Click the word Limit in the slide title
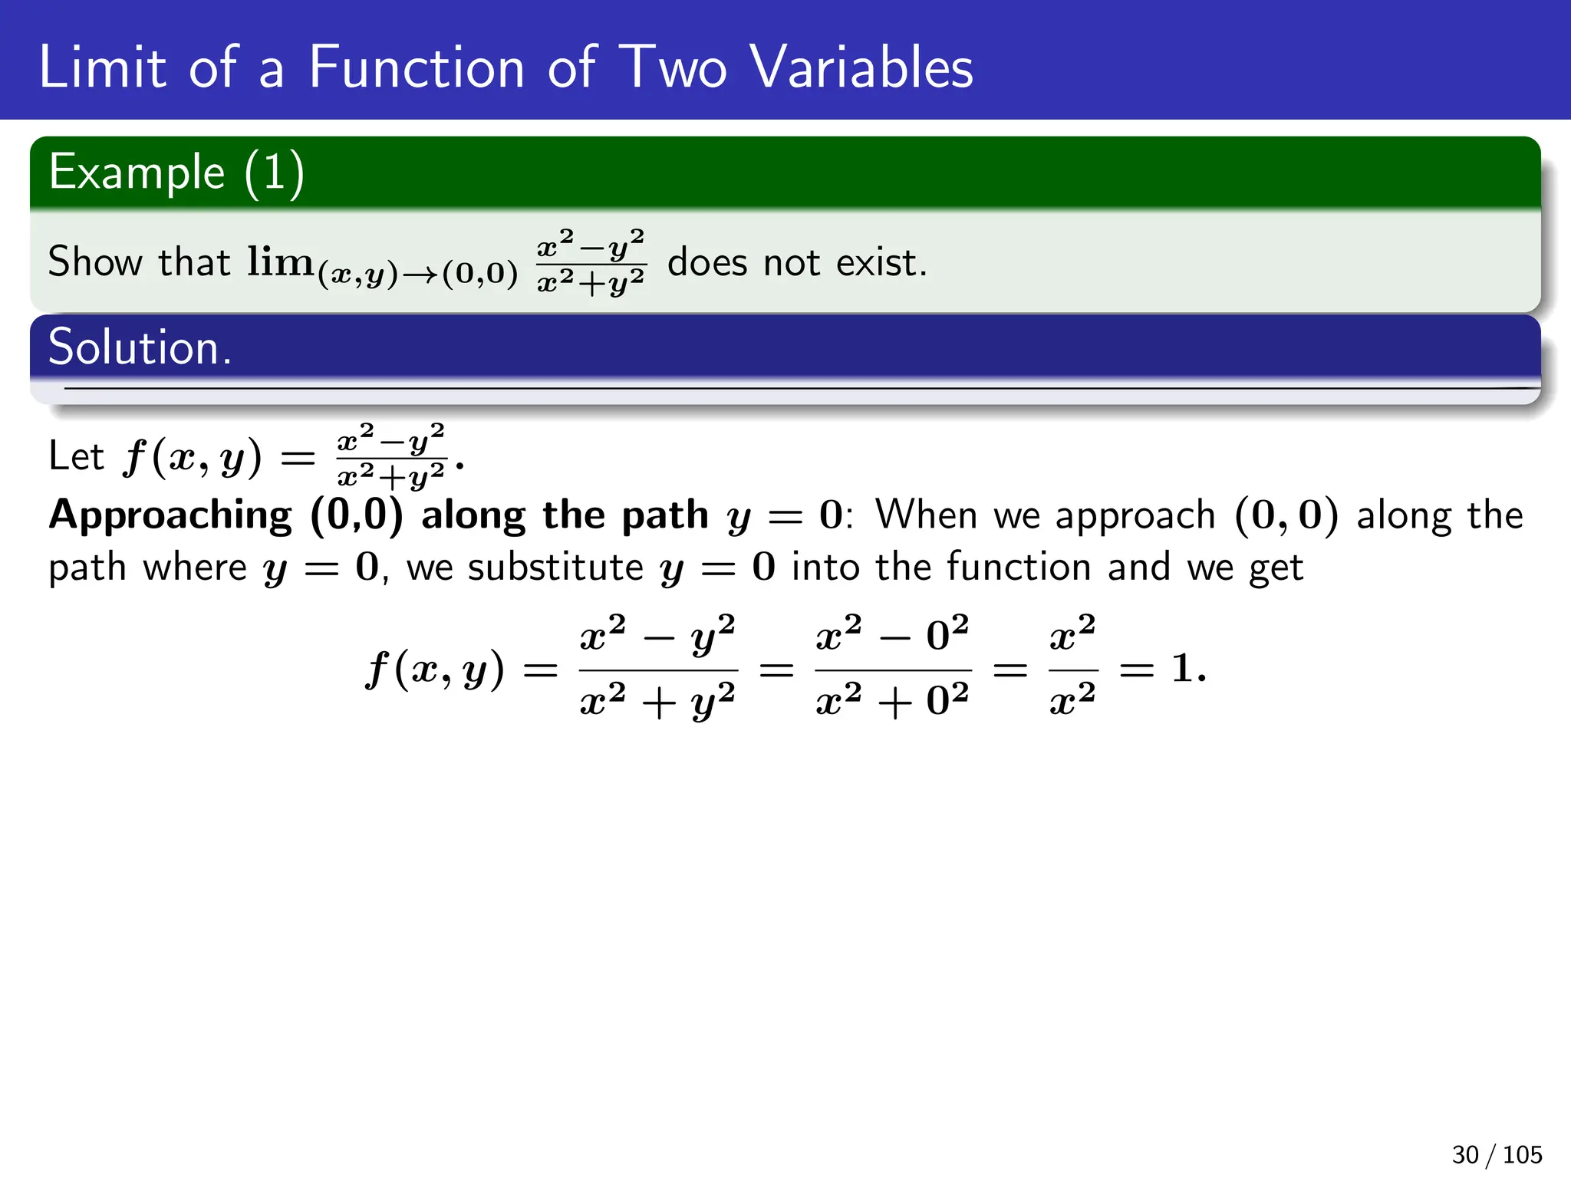[101, 67]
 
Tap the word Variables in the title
[861, 67]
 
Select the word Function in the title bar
[417, 67]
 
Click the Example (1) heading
[176, 173]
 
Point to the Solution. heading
[140, 347]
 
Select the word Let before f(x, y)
[75, 456]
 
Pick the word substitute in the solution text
[555, 568]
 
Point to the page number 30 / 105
[1496, 1154]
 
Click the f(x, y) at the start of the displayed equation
[435, 669]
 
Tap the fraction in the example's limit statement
[591, 262]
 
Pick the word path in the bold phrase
[664, 515]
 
